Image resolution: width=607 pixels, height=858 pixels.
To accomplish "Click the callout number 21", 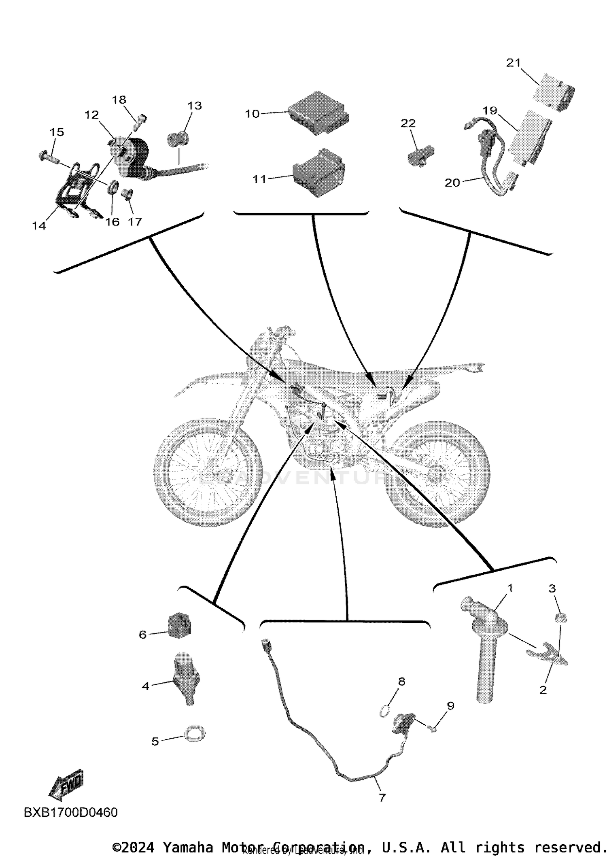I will point(514,63).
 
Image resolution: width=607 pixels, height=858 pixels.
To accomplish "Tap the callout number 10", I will point(252,114).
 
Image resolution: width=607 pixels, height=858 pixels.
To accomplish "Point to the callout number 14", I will point(39,226).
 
